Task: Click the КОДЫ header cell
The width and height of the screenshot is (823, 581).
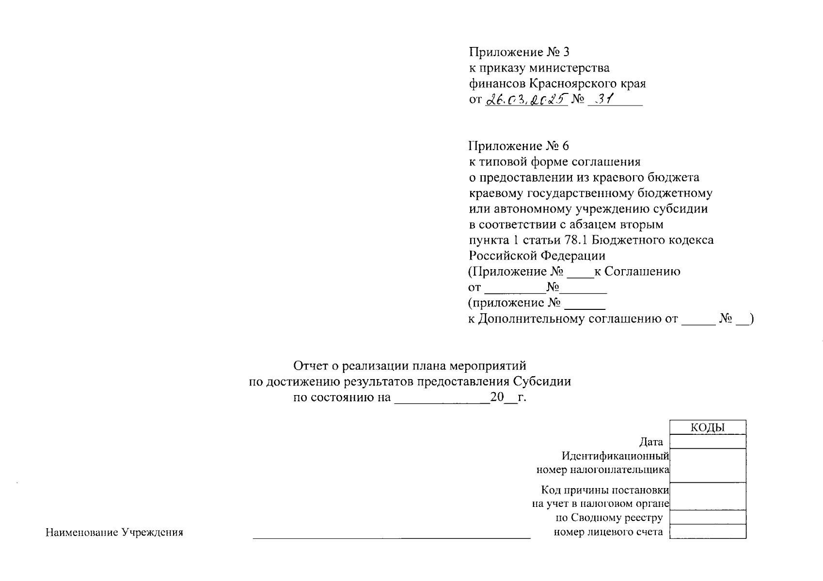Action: (707, 427)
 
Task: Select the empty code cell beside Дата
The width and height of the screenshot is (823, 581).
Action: (707, 442)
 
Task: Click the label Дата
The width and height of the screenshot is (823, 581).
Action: (651, 442)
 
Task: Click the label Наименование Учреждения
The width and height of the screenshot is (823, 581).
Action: (114, 533)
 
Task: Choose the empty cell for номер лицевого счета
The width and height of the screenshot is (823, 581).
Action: (707, 532)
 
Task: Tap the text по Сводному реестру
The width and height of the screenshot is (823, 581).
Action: (609, 518)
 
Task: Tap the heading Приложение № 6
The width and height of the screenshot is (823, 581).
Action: (519, 146)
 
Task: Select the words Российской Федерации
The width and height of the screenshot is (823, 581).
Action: (537, 256)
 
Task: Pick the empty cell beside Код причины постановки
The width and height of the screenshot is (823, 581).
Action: (707, 496)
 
